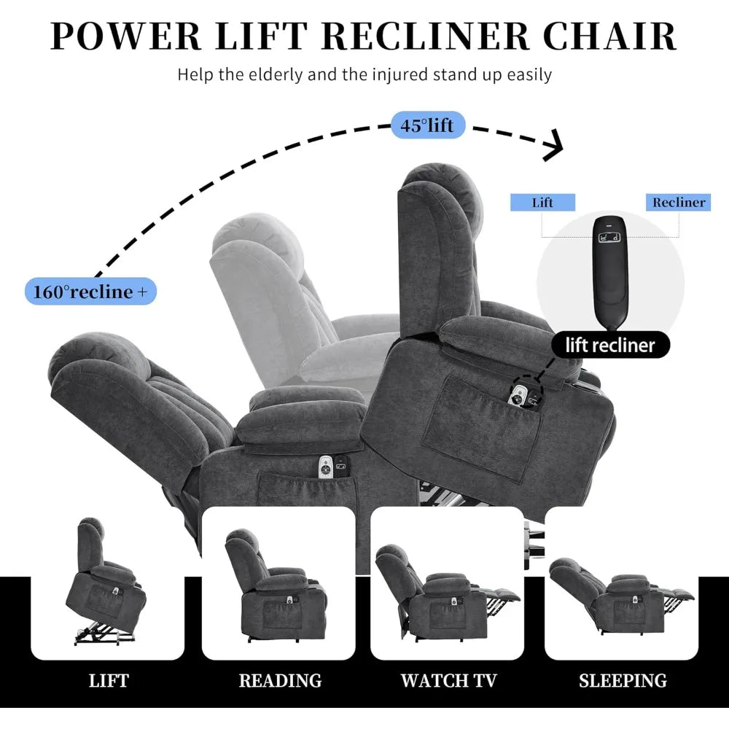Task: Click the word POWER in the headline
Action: [125, 36]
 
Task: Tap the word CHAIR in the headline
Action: [609, 36]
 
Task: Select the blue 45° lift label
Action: [428, 125]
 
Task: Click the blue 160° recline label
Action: [90, 292]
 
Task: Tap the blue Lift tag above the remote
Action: [542, 202]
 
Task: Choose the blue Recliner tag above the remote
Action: [678, 202]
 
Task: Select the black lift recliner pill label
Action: [610, 345]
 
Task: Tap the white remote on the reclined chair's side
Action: [325, 467]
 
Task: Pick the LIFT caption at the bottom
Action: [109, 681]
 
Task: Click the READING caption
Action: [281, 681]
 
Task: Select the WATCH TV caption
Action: [449, 681]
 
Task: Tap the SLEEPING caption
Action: [623, 681]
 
